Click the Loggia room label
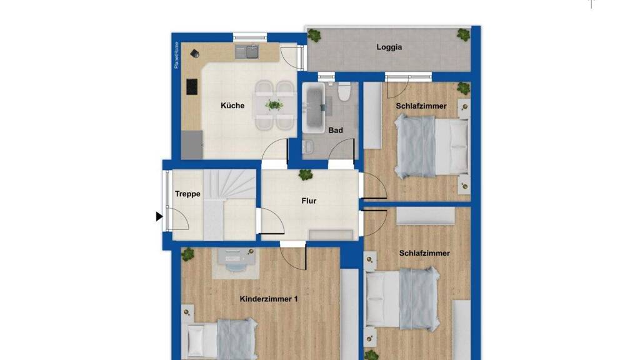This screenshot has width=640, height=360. (389, 47)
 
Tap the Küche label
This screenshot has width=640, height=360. (232, 106)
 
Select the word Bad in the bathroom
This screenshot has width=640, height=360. (336, 131)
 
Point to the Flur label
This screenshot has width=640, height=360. (309, 201)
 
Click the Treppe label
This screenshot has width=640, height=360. (187, 194)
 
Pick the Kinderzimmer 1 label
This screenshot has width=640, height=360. (269, 299)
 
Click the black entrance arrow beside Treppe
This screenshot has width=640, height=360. (159, 216)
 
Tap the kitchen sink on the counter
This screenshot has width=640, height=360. (246, 52)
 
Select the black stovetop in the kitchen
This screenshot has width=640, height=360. (192, 87)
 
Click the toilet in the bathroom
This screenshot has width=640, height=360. (344, 92)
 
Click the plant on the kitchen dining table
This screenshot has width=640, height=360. (274, 105)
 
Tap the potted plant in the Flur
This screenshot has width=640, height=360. (305, 175)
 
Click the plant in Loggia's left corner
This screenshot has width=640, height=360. (314, 36)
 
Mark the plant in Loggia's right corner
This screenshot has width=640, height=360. (463, 35)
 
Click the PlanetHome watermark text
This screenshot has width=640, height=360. (176, 55)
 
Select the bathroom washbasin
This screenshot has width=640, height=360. (307, 146)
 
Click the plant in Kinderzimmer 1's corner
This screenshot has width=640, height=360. (187, 254)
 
